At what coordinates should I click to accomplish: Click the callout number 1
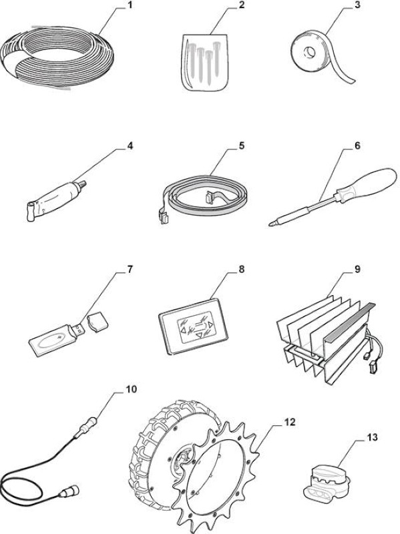pyautogui.click(x=128, y=5)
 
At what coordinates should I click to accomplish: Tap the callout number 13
pyautogui.click(x=373, y=437)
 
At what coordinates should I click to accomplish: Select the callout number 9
pyautogui.click(x=357, y=269)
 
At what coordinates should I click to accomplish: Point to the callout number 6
pyautogui.click(x=357, y=146)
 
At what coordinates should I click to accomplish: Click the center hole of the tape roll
pyautogui.click(x=310, y=53)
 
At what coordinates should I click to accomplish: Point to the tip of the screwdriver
pyautogui.click(x=270, y=224)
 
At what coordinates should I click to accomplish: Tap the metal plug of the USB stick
pyautogui.click(x=76, y=329)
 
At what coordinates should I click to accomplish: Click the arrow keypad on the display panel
pyautogui.click(x=195, y=328)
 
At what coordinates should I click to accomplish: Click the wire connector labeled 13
pyautogui.click(x=327, y=483)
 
